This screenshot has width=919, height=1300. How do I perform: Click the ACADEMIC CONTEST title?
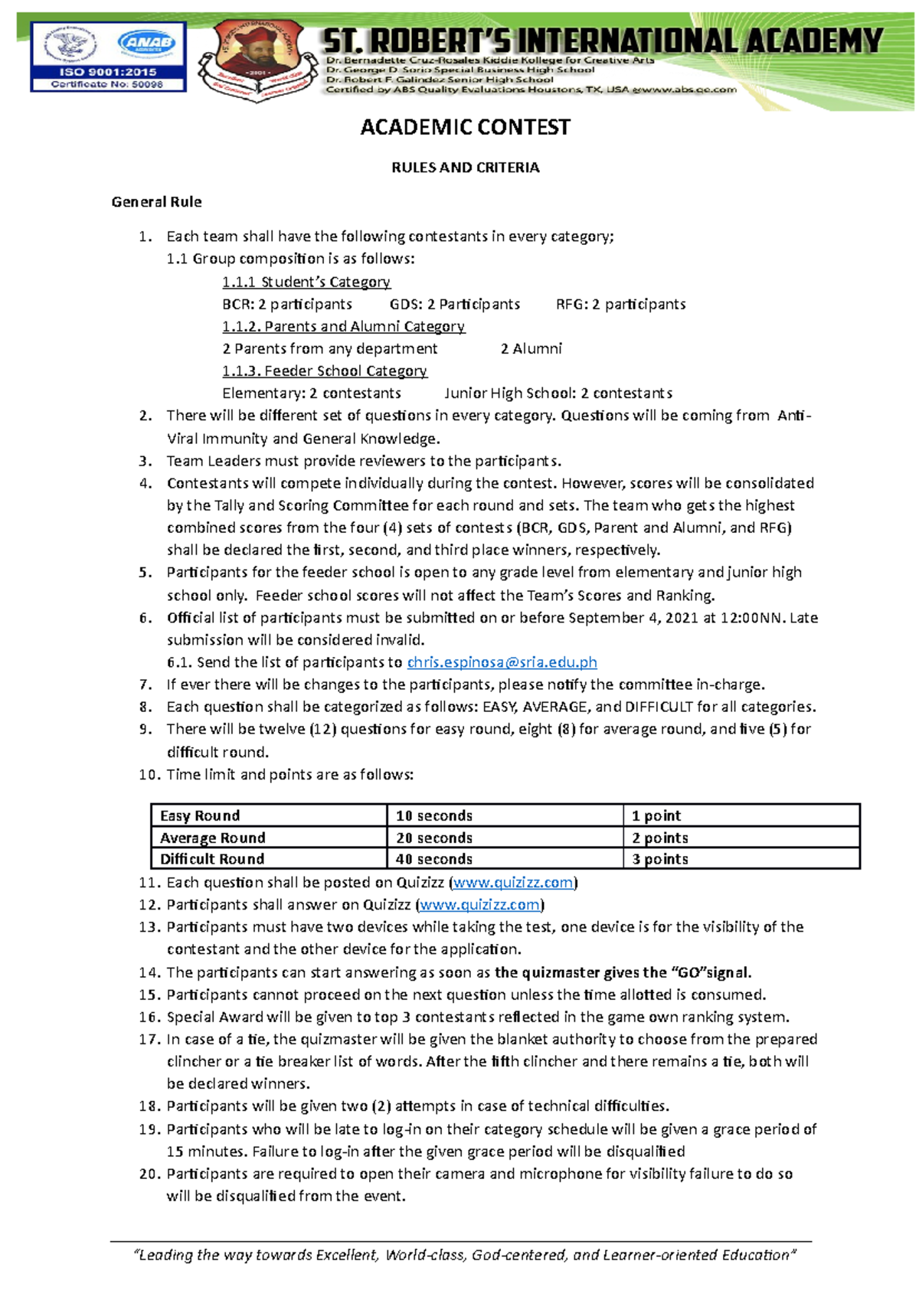465,127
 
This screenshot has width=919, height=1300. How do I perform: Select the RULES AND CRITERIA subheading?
465,168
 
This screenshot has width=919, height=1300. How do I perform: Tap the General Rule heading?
156,202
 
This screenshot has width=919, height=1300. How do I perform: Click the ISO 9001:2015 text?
108,72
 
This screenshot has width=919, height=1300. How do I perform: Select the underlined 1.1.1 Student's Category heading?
306,282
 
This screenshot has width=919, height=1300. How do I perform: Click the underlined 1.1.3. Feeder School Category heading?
325,371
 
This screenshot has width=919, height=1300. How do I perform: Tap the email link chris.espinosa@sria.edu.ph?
502,662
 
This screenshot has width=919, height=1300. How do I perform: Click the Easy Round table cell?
268,815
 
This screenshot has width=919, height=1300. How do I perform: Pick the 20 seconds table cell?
505,838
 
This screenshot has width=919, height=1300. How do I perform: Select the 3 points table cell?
741,859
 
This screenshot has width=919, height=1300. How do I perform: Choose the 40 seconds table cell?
505,859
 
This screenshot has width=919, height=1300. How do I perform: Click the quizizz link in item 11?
513,883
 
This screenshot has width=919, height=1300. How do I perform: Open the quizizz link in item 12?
480,905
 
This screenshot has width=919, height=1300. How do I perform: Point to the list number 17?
149,1040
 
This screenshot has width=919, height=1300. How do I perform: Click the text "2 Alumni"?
531,349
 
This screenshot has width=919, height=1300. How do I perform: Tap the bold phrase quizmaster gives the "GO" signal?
623,973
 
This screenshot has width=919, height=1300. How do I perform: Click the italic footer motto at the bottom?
465,1255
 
